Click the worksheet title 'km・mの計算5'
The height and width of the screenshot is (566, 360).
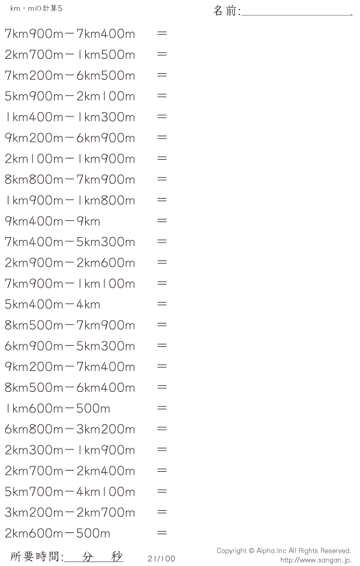(36, 8)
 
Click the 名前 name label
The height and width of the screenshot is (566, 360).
(226, 10)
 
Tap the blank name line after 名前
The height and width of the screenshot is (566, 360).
(296, 15)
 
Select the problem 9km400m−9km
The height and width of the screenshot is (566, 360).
(53, 221)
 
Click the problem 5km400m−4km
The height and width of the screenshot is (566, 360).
(53, 304)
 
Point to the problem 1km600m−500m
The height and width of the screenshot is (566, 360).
(58, 408)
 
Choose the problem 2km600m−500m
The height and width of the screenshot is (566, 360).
(58, 533)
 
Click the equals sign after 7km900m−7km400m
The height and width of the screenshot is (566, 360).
(162, 33)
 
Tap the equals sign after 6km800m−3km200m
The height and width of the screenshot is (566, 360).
(162, 429)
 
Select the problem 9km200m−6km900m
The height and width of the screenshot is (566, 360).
(70, 137)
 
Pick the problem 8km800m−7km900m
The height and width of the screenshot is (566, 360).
(70, 179)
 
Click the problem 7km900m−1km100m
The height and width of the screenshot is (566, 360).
(70, 283)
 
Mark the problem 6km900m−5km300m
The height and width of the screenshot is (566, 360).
(70, 346)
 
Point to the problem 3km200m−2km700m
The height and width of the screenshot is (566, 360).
(70, 512)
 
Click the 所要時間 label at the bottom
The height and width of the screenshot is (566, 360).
(36, 556)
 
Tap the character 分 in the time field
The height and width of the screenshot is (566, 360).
(87, 556)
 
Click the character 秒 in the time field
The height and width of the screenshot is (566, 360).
(116, 556)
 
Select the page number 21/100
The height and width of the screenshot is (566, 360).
(161, 558)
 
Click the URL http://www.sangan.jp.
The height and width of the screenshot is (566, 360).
(316, 560)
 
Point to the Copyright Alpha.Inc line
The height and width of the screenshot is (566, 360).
(284, 550)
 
